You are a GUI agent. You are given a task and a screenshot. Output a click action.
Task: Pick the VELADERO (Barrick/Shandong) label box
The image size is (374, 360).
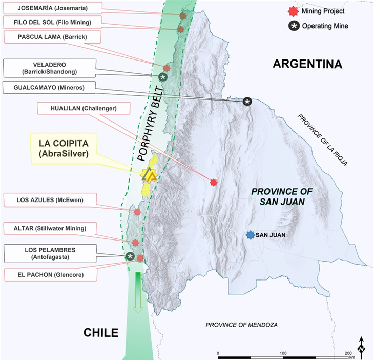49,67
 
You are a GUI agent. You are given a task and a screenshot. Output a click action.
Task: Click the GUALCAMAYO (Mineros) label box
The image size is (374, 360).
50,88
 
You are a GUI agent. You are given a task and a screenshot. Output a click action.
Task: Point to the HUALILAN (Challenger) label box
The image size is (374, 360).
84,108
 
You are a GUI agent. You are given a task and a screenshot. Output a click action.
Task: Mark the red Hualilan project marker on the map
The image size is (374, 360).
214,182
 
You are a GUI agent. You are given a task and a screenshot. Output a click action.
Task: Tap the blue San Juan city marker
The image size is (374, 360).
250,235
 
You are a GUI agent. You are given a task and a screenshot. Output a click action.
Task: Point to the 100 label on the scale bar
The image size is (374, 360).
283,354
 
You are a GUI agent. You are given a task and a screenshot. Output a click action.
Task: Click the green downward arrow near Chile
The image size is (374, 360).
137,293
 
